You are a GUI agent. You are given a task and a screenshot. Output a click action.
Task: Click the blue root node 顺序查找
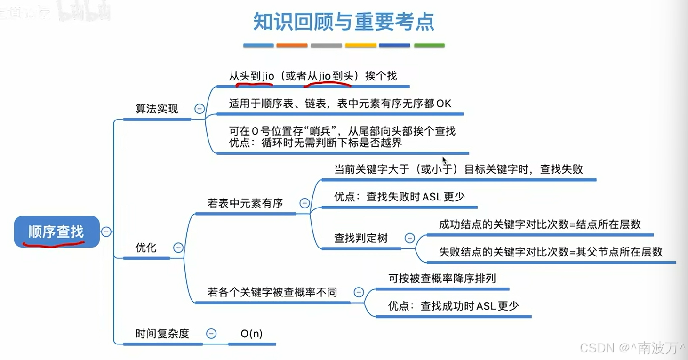[56, 232]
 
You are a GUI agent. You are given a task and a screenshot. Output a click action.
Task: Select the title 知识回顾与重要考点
[344, 22]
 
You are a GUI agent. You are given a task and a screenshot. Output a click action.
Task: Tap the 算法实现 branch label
[157, 109]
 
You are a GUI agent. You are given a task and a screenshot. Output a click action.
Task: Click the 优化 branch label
[146, 248]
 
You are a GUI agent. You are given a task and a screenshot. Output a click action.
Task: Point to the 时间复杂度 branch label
[162, 334]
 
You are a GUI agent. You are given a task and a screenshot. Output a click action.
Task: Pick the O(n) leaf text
[251, 334]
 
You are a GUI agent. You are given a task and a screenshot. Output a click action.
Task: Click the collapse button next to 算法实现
[200, 109]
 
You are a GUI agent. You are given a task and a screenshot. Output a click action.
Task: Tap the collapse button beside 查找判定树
[410, 238]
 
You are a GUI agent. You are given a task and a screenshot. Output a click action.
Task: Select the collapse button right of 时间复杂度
[211, 334]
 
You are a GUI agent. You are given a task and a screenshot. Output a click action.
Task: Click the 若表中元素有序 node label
[245, 203]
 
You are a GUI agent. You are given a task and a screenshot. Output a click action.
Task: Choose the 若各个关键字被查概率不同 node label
[272, 292]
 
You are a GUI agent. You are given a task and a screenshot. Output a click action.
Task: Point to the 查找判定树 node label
[361, 238]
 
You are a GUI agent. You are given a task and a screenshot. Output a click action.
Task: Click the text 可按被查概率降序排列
[442, 278]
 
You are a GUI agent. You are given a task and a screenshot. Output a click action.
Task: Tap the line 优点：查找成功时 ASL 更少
[453, 306]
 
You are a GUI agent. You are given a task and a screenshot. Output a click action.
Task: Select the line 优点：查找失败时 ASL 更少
[399, 197]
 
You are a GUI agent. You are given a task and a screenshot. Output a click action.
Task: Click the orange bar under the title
[292, 46]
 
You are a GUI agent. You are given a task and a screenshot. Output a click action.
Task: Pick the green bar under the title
[429, 46]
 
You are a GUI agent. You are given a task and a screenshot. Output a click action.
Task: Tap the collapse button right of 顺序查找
[106, 232]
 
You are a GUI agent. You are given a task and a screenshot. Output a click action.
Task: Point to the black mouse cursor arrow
[444, 160]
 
